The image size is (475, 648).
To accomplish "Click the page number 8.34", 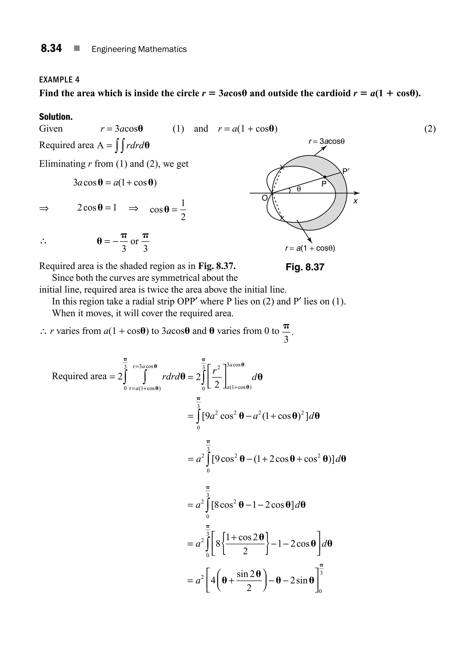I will [51, 48].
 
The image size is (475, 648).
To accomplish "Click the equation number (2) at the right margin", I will [430, 129].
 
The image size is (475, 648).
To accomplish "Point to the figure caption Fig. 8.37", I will [305, 267].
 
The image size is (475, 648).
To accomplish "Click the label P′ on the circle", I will [346, 171].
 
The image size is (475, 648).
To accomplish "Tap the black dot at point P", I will [325, 177].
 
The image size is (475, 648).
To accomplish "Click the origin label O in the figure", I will [265, 198].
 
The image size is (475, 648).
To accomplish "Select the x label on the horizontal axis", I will [355, 201].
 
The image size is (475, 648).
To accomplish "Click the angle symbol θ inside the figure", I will [299, 189].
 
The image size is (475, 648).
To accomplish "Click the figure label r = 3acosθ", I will [326, 141].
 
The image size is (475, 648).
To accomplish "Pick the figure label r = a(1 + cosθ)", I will [310, 248].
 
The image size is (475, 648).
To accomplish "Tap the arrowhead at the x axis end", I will [357, 193].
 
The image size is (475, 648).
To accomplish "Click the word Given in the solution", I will [51, 128].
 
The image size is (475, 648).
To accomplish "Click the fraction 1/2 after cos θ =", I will [183, 210].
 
